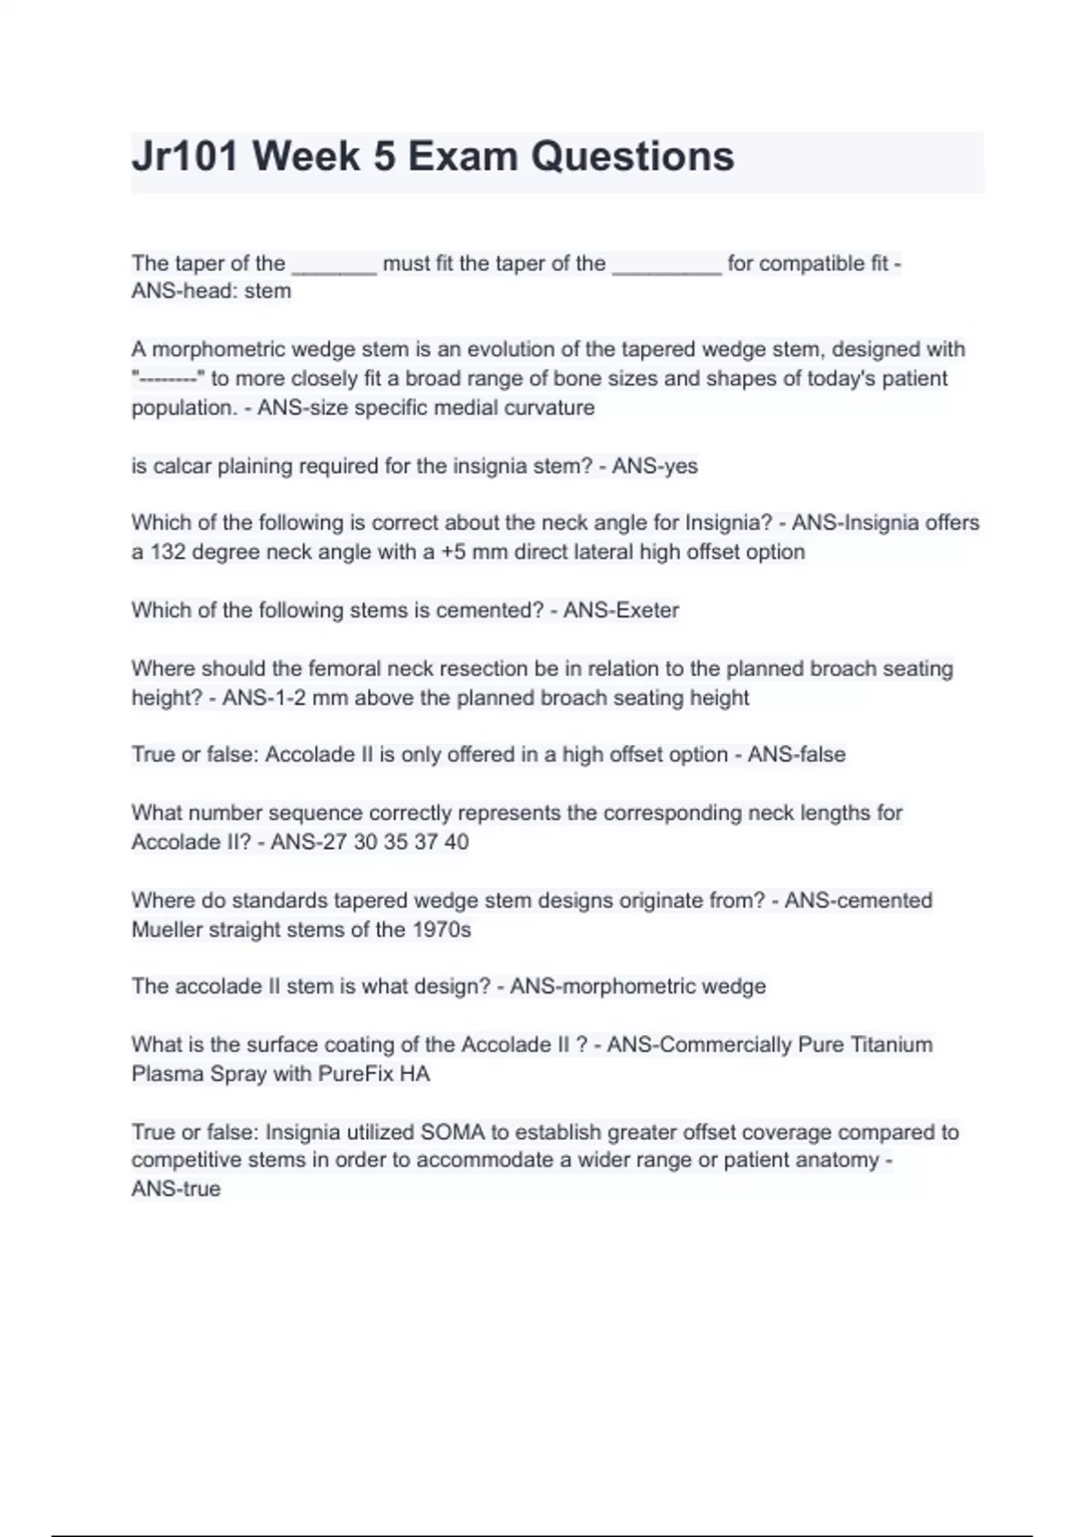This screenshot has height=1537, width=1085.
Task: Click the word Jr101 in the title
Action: [185, 156]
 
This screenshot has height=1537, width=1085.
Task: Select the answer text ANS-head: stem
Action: [211, 291]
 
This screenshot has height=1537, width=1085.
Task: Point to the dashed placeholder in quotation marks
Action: [167, 379]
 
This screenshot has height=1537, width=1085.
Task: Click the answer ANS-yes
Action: [655, 467]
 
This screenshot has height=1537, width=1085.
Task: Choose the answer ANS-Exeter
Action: [620, 610]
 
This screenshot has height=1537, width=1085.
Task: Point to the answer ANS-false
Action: [796, 755]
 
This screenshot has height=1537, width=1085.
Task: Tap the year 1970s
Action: [441, 930]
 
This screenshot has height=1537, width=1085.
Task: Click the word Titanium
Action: [892, 1045]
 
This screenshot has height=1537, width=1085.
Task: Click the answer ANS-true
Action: [175, 1189]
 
